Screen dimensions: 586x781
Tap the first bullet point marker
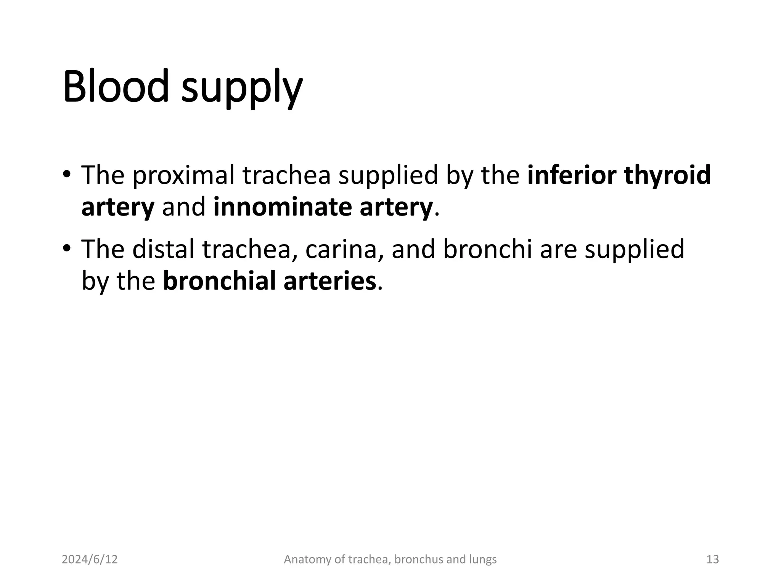[x=67, y=175]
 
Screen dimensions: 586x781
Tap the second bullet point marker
[x=67, y=248]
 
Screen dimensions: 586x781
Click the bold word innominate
[x=282, y=207]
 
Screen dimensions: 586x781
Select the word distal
[x=164, y=249]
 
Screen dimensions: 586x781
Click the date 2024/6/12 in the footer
[x=90, y=559]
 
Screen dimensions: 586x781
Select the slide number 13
[x=712, y=559]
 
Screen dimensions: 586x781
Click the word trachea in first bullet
[x=286, y=175]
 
